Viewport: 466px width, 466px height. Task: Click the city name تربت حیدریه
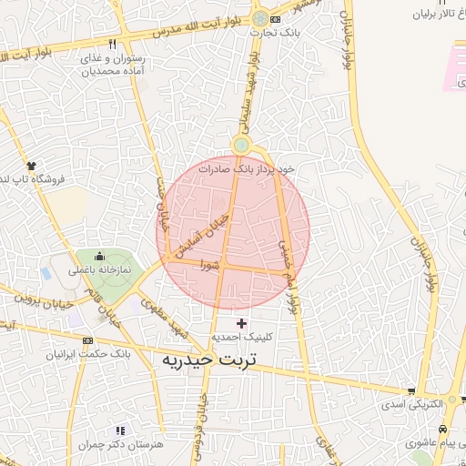[x=208, y=360]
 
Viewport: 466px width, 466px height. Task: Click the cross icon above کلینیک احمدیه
[x=241, y=323]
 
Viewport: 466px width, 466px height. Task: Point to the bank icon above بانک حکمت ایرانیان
[x=87, y=340]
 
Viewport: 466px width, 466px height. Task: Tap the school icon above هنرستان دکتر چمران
[x=119, y=431]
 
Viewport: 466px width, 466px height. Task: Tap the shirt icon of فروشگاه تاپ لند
[x=31, y=167]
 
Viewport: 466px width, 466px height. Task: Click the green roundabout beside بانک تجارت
[x=261, y=18]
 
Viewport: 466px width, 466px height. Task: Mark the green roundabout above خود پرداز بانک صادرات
[x=241, y=145]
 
